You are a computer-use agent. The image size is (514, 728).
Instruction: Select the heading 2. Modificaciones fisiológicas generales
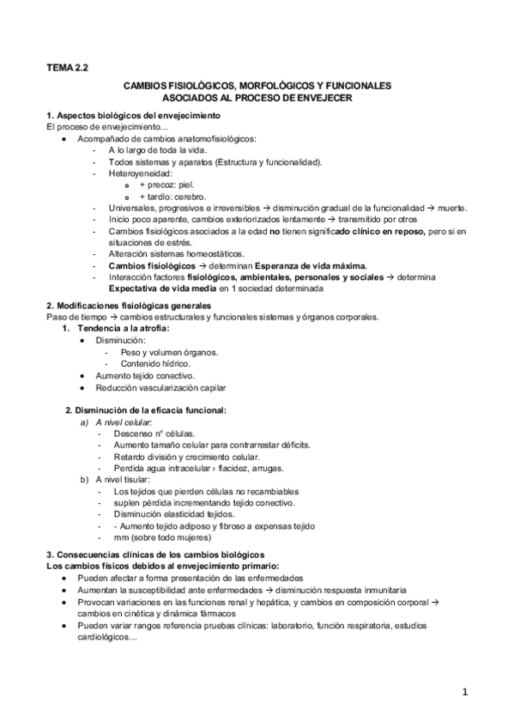point(127,306)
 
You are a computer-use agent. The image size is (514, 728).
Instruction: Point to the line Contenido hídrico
point(156,364)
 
